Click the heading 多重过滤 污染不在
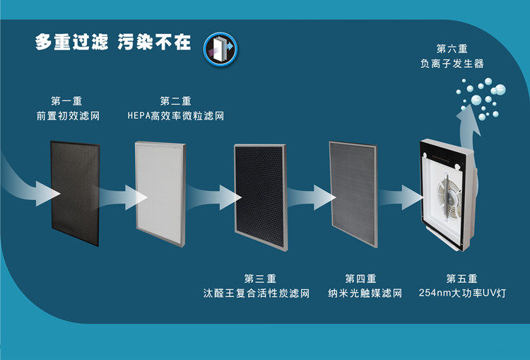coord(113,42)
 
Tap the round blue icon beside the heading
coord(220,47)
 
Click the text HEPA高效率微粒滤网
coord(175,115)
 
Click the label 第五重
coord(461,278)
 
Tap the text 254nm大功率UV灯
coord(462,293)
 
